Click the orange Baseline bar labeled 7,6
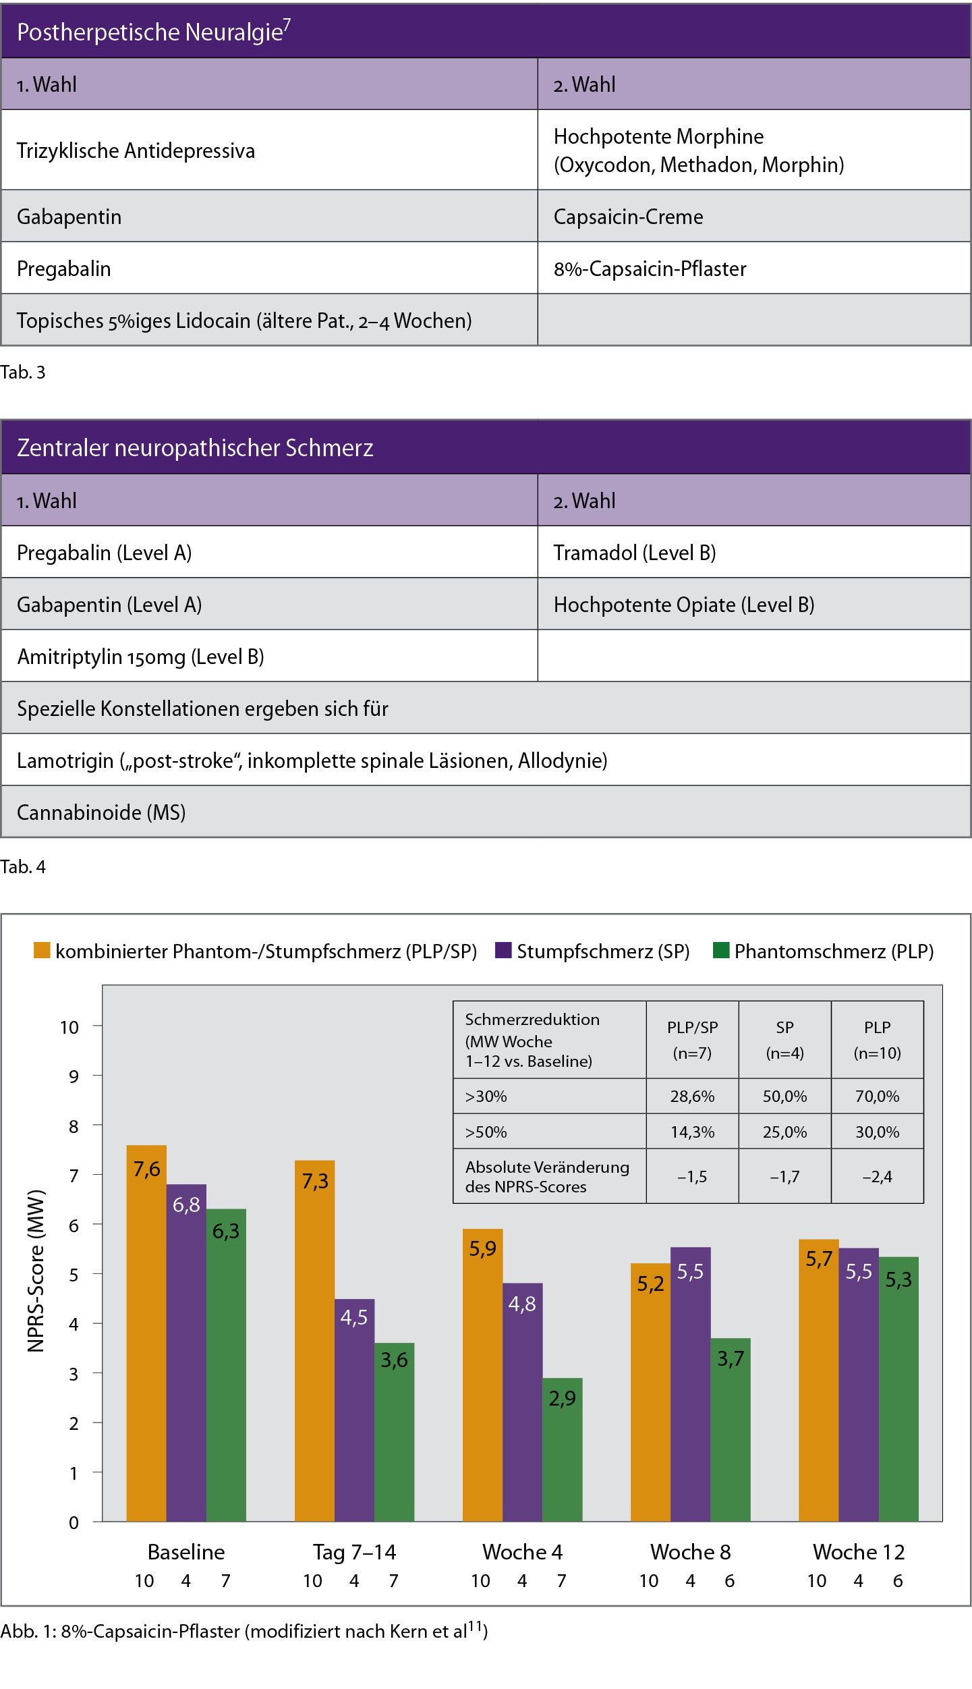pyautogui.click(x=146, y=1333)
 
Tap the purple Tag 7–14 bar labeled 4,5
pyautogui.click(x=354, y=1410)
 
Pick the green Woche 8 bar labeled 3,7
pyautogui.click(x=731, y=1430)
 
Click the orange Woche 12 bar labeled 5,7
pyautogui.click(x=819, y=1381)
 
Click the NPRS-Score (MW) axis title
pyautogui.click(x=36, y=1271)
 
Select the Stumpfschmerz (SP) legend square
pyautogui.click(x=503, y=950)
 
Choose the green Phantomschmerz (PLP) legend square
pyautogui.click(x=721, y=950)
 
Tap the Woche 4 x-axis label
pyautogui.click(x=522, y=1552)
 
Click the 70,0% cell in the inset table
pyautogui.click(x=877, y=1097)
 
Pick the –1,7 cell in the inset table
pyautogui.click(x=784, y=1177)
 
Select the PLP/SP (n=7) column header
pyautogui.click(x=692, y=1040)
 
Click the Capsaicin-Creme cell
pyautogui.click(x=754, y=216)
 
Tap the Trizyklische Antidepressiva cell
pyautogui.click(x=269, y=150)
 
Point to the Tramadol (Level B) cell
pyautogui.click(x=754, y=552)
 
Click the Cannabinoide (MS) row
pyautogui.click(x=486, y=812)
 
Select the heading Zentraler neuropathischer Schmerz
pyautogui.click(x=195, y=447)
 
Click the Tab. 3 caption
pyautogui.click(x=23, y=372)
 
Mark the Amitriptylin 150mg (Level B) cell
pyautogui.click(x=269, y=656)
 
